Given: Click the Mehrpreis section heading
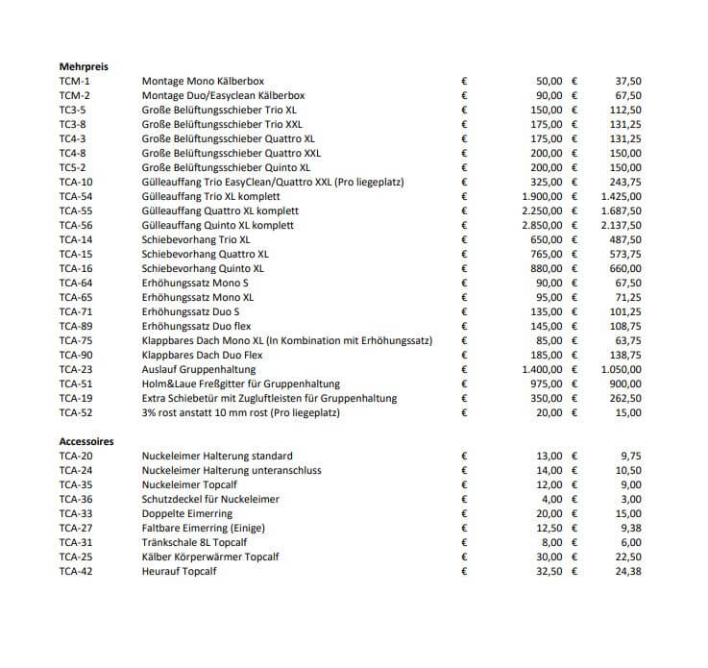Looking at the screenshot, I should [84, 67].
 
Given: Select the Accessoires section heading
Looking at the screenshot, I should [86, 441].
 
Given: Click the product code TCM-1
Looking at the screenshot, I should [74, 82].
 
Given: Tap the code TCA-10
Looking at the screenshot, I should [76, 182].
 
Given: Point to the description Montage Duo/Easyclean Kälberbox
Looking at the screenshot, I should [223, 96].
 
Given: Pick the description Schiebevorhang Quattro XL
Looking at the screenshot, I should [206, 254].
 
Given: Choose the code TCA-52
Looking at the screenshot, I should [76, 412].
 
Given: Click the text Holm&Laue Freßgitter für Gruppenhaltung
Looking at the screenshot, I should [240, 383].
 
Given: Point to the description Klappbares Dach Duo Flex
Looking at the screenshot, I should [203, 355].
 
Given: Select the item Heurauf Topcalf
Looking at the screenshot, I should [179, 571].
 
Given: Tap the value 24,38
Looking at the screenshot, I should [628, 571].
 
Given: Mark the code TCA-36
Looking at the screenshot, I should [76, 499].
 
